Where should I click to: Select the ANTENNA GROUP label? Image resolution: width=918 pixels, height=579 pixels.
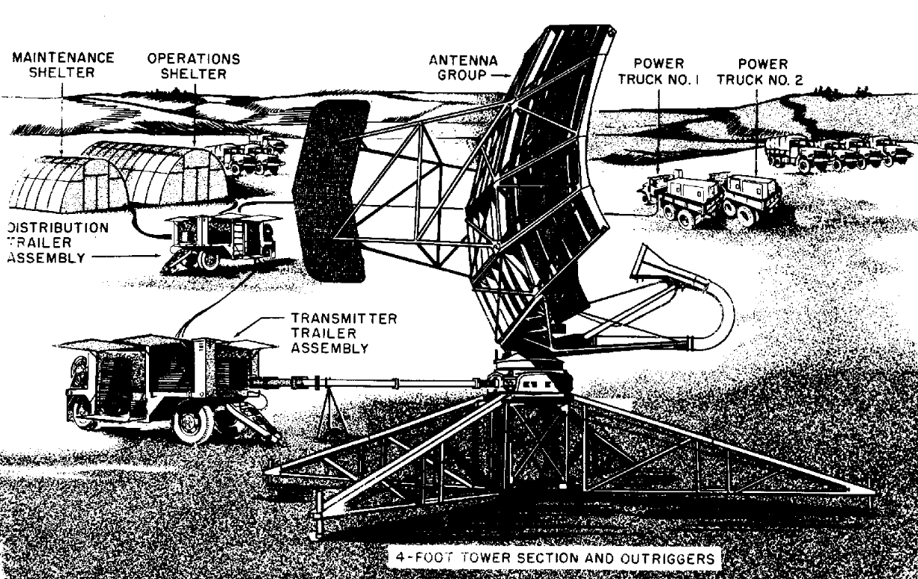(462, 68)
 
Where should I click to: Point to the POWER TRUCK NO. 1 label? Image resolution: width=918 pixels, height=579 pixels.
(663, 71)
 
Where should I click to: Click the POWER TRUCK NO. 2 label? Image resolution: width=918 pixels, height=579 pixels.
(761, 71)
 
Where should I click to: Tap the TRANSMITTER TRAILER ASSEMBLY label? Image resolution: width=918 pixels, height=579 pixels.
(329, 334)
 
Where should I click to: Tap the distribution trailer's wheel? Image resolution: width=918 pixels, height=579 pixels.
(210, 258)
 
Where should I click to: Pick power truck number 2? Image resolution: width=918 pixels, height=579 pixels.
(749, 196)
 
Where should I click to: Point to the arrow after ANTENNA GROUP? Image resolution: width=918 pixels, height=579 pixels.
(502, 75)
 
